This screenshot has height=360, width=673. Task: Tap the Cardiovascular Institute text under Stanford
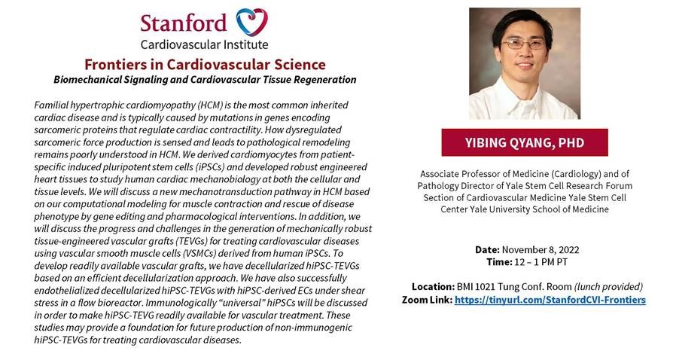coord(204,45)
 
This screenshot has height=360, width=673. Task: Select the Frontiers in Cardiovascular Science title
coord(205,64)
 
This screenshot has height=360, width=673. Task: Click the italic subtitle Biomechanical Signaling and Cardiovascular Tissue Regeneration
coord(205,79)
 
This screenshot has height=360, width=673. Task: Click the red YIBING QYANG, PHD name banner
coord(525,142)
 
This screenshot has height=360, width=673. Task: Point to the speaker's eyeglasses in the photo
coord(524,44)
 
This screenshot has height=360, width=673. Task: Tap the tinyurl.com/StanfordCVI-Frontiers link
coord(550,300)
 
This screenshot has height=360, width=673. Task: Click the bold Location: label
coord(433,287)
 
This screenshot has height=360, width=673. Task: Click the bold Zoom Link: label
coord(426,300)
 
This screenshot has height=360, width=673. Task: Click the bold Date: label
coord(488,249)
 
